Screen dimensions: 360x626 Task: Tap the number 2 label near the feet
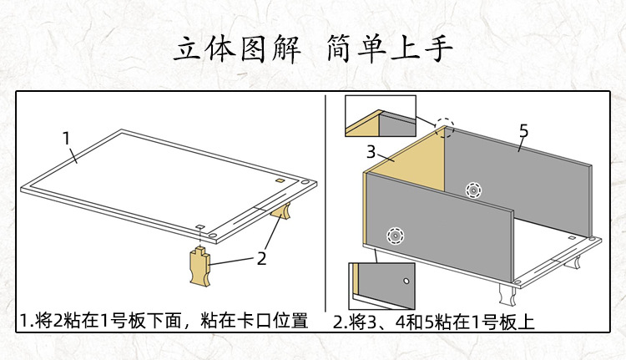tap(261, 258)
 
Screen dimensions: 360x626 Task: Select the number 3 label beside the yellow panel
tap(373, 152)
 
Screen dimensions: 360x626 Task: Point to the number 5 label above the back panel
tap(523, 131)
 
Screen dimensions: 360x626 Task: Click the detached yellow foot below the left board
tap(200, 265)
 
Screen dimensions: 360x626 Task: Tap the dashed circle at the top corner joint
tap(445, 128)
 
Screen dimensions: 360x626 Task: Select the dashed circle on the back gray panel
tap(473, 190)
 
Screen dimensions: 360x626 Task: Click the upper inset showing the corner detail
tap(380, 116)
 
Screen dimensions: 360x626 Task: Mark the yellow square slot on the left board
tap(279, 180)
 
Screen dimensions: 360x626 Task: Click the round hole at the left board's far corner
tap(310, 180)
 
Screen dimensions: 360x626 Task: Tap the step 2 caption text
tap(433, 321)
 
